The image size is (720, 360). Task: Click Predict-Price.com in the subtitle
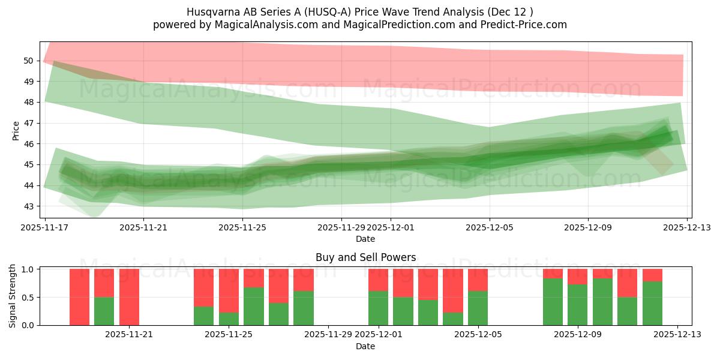point(522,25)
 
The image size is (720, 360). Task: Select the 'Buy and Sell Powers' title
point(365,257)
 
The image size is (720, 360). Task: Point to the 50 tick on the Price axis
point(29,61)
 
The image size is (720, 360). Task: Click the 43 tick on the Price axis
point(29,206)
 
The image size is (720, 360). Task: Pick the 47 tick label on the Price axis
point(29,123)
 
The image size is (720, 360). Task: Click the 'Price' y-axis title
point(16,130)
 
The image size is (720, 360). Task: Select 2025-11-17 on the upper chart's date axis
point(44,228)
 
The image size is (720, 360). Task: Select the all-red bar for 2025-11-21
point(129,297)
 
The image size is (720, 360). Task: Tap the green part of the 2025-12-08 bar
point(553,302)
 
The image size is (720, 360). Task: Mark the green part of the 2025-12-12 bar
point(652,304)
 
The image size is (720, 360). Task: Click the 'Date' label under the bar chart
point(365,346)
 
